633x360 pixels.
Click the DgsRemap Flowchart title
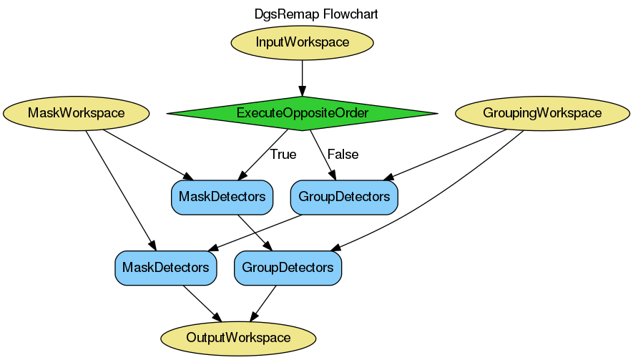pos(316,14)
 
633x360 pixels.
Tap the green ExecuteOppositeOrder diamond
pos(302,113)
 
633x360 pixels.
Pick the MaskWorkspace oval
pos(76,113)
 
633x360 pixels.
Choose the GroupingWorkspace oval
pos(542,113)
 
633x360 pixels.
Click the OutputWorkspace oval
pos(238,338)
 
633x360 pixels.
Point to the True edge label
pos(283,154)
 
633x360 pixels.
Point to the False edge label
pos(343,154)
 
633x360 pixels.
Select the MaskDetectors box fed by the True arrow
pos(222,197)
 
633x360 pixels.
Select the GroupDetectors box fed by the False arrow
pos(343,197)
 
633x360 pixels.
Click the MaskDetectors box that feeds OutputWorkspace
pos(166,268)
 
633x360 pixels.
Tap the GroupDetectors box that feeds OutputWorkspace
pos(288,268)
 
